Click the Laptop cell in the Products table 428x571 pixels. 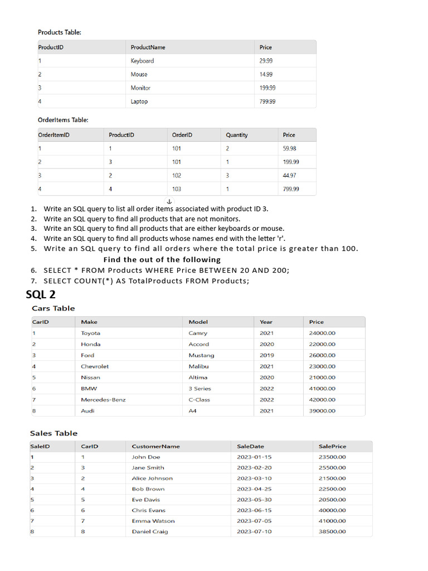tap(139, 101)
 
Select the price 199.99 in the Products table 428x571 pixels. tap(267, 88)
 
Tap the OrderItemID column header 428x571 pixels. tap(53, 135)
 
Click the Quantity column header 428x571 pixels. tap(237, 135)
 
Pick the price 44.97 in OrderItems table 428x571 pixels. tap(290, 176)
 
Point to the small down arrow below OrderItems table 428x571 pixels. tap(170, 201)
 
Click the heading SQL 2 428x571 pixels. tap(41, 294)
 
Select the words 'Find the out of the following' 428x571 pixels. tap(162, 260)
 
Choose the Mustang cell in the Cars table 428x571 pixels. tap(201, 355)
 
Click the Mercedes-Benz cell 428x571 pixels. tap(103, 400)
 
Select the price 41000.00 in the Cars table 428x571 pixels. tap(323, 389)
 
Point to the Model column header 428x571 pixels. tap(198, 322)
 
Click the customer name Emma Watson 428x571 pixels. tap(153, 521)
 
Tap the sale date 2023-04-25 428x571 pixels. tap(254, 489)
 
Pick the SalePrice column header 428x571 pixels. tap(332, 446)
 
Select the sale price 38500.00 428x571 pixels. tap(332, 531)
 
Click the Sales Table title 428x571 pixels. tap(53, 433)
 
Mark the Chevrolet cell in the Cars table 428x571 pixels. tap(95, 366)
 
